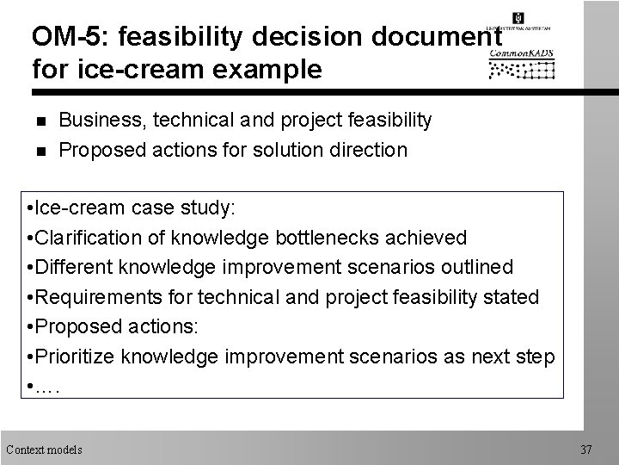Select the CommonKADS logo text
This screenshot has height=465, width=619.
pos(522,52)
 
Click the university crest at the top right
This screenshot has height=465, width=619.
pos(517,17)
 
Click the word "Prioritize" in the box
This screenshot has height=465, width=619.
pos(77,356)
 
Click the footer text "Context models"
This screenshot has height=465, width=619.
pos(44,449)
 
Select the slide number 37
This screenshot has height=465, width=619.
pos(587,449)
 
